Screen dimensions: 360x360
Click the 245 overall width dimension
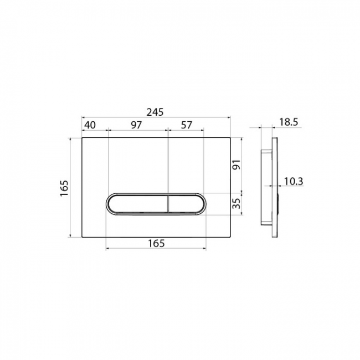155,112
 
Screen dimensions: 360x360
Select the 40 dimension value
90,125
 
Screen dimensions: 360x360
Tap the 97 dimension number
136,125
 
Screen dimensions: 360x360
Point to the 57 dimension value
186,125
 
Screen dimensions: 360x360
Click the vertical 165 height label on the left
64,188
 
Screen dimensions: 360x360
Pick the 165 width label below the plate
156,243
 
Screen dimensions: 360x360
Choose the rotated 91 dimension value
236,164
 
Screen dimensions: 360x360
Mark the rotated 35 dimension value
236,203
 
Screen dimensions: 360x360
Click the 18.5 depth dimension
289,122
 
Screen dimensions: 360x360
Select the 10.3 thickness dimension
294,181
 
